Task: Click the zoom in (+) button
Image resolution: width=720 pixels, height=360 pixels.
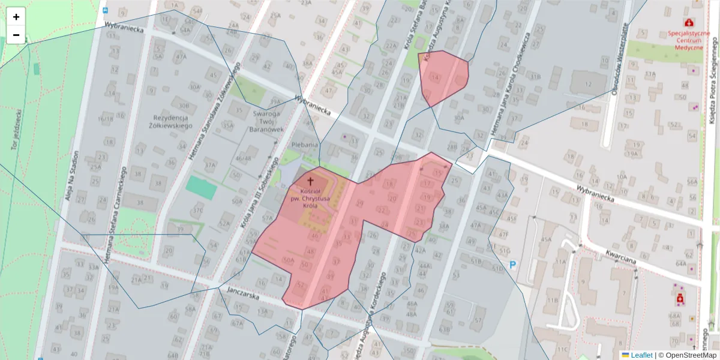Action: [x=16, y=17]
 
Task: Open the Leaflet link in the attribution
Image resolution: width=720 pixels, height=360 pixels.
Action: [x=641, y=355]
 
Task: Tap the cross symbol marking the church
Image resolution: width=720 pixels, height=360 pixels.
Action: [x=310, y=181]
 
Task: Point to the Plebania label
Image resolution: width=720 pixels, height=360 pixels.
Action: [x=304, y=145]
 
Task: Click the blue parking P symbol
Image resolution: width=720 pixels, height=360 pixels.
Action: [x=513, y=264]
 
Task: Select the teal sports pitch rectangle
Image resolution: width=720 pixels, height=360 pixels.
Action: [x=201, y=188]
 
